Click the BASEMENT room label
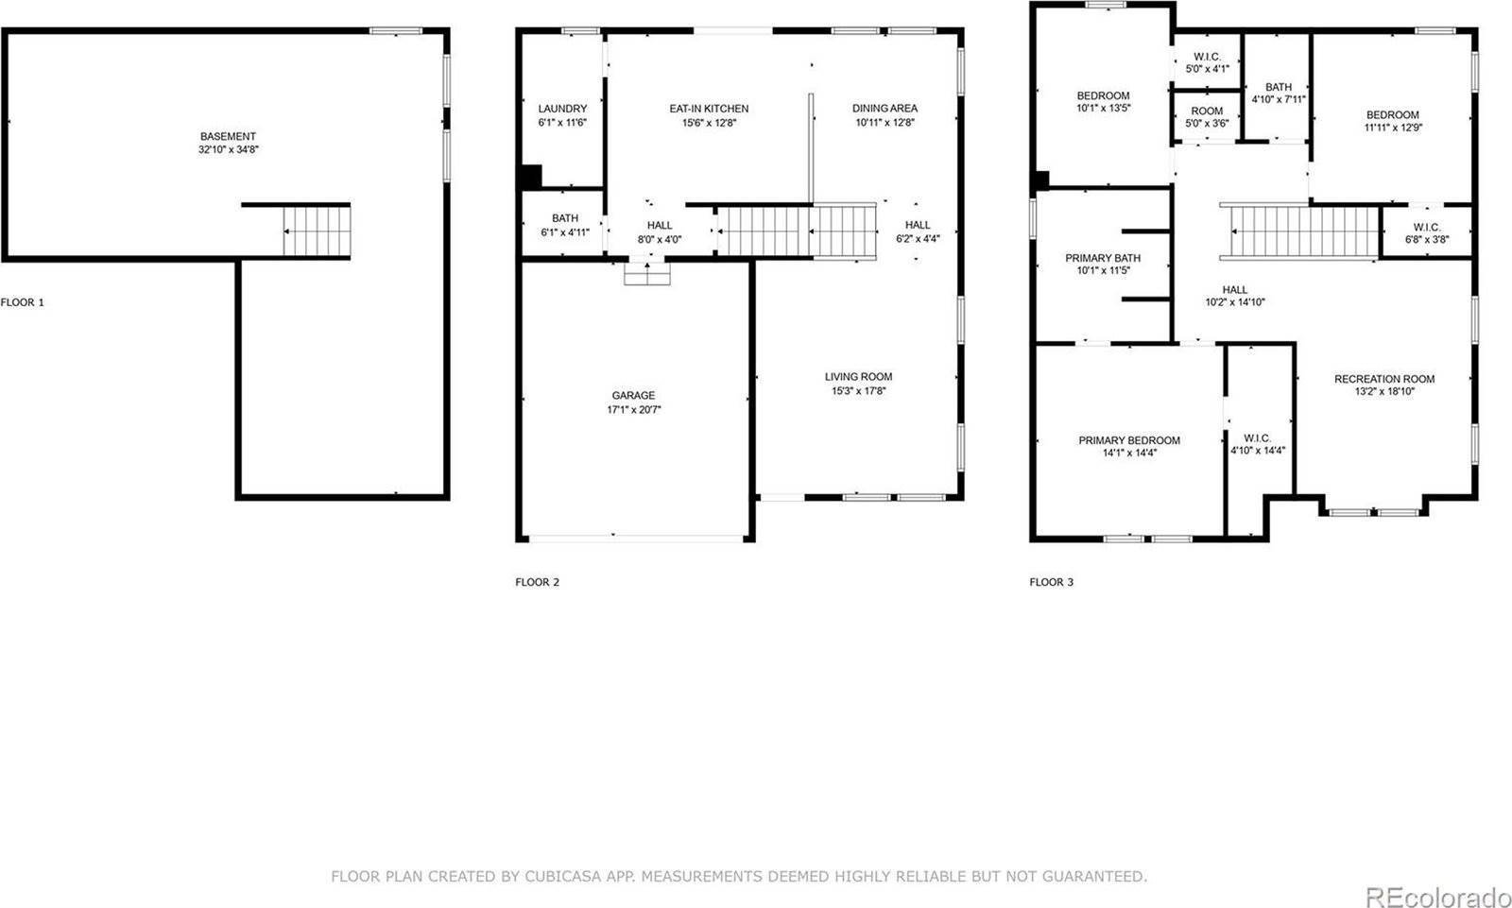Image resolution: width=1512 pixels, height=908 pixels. [x=228, y=136]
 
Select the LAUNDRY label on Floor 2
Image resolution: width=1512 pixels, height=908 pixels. [x=562, y=109]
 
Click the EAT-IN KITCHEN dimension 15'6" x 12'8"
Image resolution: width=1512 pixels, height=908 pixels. [x=709, y=123]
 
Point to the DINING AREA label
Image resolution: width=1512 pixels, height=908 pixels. [x=885, y=109]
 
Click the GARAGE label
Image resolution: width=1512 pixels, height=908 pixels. [x=633, y=396]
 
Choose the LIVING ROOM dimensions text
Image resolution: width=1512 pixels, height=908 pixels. [x=858, y=391]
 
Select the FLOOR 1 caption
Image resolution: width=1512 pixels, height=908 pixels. [x=22, y=302]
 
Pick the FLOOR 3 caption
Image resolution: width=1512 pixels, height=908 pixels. [x=1051, y=582]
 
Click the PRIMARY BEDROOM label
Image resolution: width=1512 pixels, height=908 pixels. [x=1129, y=440]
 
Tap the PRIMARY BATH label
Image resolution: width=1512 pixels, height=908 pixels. [x=1103, y=258]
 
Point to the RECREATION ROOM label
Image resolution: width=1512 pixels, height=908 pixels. [x=1384, y=379]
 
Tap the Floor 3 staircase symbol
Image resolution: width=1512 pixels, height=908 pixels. [x=1304, y=231]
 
